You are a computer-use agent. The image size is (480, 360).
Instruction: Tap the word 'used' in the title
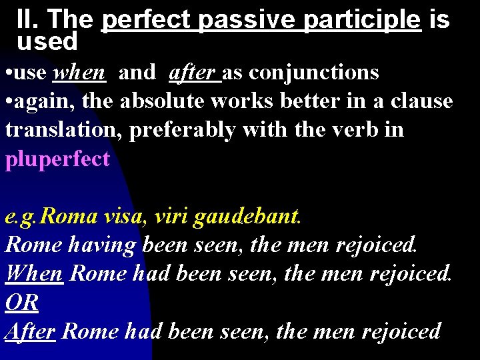(47, 42)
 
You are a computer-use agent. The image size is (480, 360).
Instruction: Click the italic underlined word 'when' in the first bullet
(80, 72)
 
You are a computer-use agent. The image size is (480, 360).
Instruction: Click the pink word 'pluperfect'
(57, 159)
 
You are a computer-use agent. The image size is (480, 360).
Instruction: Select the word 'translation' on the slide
(64, 130)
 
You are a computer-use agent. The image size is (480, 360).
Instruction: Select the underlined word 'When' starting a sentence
(34, 273)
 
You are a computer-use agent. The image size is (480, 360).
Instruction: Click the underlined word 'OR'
(22, 302)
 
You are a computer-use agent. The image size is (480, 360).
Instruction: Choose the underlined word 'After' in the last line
(30, 331)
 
